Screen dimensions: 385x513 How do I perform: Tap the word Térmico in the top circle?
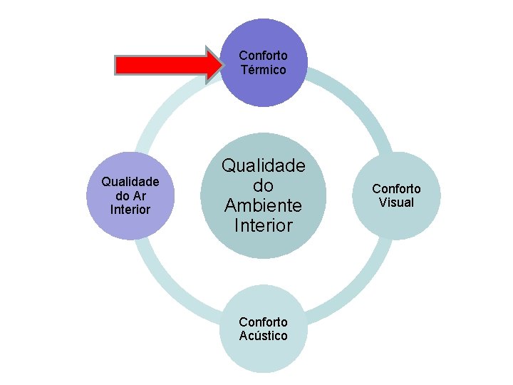pos(264,70)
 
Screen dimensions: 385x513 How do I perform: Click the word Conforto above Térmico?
pos(264,56)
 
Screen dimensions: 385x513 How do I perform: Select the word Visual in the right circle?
pos(396,202)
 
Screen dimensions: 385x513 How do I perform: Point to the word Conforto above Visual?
pos(396,189)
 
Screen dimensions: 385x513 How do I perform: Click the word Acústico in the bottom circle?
pos(264,336)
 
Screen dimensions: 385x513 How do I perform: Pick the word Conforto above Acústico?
pos(264,322)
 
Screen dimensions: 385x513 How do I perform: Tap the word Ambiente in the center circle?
pos(264,206)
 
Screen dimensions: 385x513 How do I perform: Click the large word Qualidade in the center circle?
pos(264,166)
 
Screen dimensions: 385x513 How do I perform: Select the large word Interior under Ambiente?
pos(264,226)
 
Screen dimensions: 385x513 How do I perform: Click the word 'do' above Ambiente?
pos(264,186)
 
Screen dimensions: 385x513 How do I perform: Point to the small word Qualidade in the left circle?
pos(130,182)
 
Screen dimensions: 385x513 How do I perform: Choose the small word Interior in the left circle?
pos(130,209)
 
